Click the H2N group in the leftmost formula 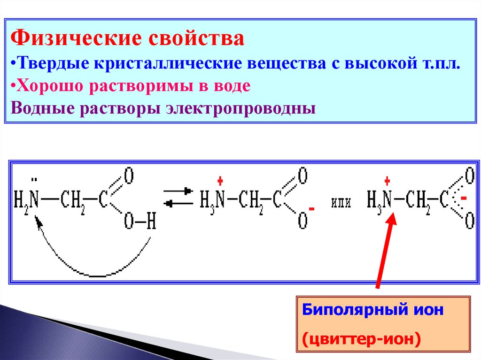click(26, 201)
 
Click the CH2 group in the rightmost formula click(418, 201)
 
